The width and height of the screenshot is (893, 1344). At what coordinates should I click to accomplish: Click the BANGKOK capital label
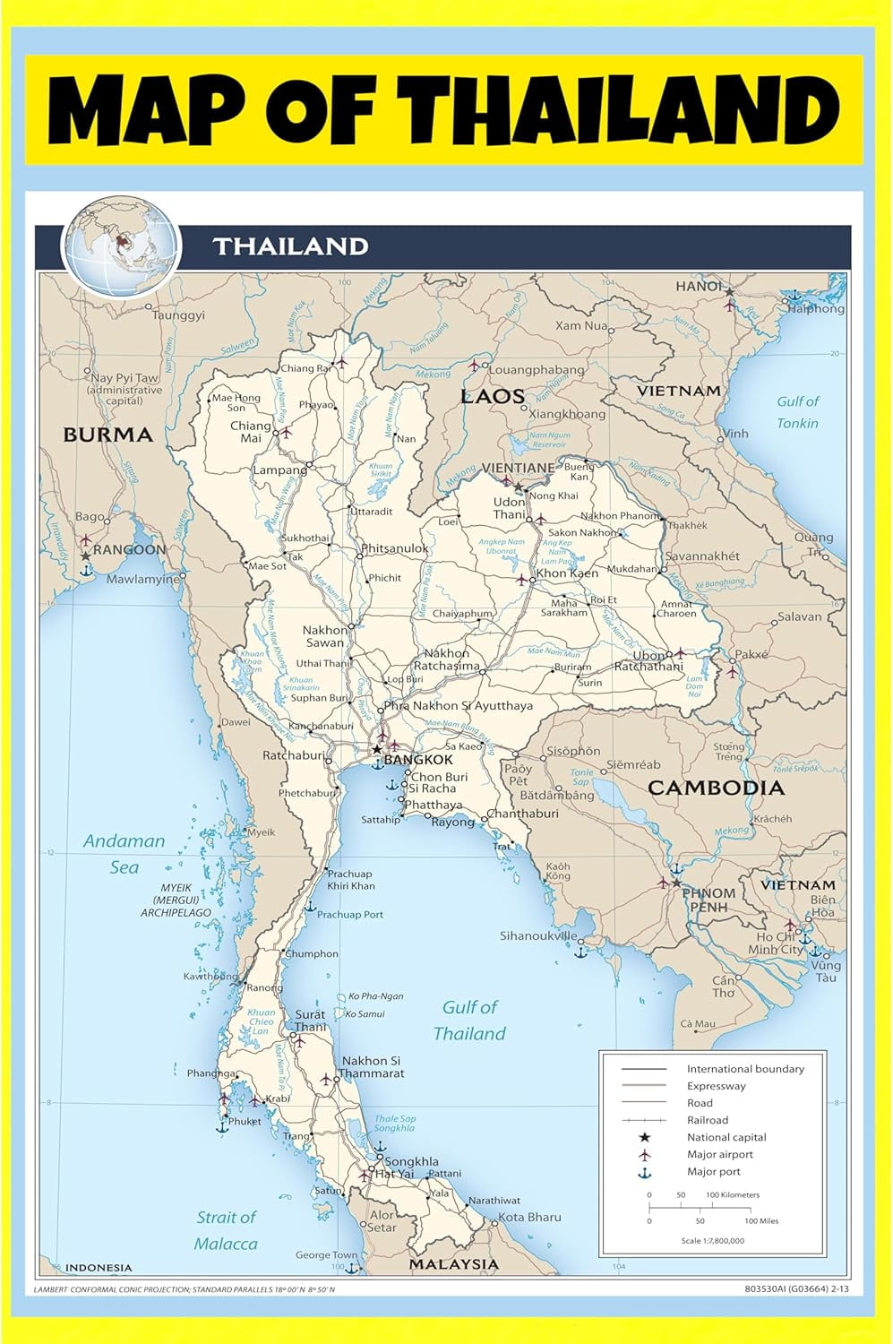point(418,760)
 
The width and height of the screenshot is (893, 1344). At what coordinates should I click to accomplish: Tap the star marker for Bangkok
point(378,749)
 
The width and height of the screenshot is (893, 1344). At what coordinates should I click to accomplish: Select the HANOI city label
point(699,286)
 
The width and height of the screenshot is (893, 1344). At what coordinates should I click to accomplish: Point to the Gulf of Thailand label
point(469,1020)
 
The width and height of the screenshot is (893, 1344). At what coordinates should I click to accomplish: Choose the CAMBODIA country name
point(716,788)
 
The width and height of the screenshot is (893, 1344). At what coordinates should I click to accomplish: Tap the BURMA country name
point(107,435)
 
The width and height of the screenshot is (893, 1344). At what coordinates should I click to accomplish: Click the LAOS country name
point(492,396)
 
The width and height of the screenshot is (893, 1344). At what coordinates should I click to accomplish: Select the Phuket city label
point(245,1121)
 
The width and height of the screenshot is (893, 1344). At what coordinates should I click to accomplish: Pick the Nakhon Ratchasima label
point(448,659)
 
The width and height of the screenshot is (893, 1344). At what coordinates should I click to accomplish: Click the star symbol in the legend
point(644,1137)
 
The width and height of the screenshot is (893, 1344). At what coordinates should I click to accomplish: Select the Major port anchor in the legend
point(644,1172)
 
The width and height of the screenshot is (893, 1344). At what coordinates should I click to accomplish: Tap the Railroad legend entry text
point(708,1120)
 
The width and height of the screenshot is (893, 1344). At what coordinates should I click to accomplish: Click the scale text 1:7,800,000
point(712,1241)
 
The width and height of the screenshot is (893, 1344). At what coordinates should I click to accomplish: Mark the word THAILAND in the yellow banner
point(638,110)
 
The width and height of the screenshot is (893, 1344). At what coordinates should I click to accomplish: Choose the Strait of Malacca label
point(226,1230)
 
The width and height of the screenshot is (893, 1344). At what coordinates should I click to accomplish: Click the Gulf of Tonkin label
point(797,412)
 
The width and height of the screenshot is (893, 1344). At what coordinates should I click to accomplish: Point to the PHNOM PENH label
point(708,900)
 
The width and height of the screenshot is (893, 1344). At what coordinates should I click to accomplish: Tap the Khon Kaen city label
point(567,573)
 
